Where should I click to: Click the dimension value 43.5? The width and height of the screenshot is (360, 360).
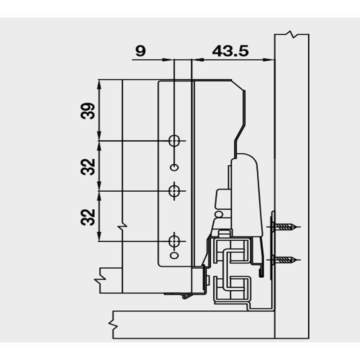click(230, 51)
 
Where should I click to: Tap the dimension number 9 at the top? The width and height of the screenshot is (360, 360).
click(140, 51)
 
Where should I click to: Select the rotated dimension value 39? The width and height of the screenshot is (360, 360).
click(89, 110)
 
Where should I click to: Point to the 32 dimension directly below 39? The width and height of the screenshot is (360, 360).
click(89, 166)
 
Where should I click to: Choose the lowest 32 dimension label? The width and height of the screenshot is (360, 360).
click(89, 216)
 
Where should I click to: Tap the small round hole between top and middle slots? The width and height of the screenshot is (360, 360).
click(174, 167)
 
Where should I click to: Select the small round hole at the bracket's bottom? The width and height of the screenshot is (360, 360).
click(174, 256)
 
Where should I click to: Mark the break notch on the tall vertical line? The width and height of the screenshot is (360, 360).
click(122, 225)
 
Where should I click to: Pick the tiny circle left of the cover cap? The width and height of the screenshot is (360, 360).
click(219, 214)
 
